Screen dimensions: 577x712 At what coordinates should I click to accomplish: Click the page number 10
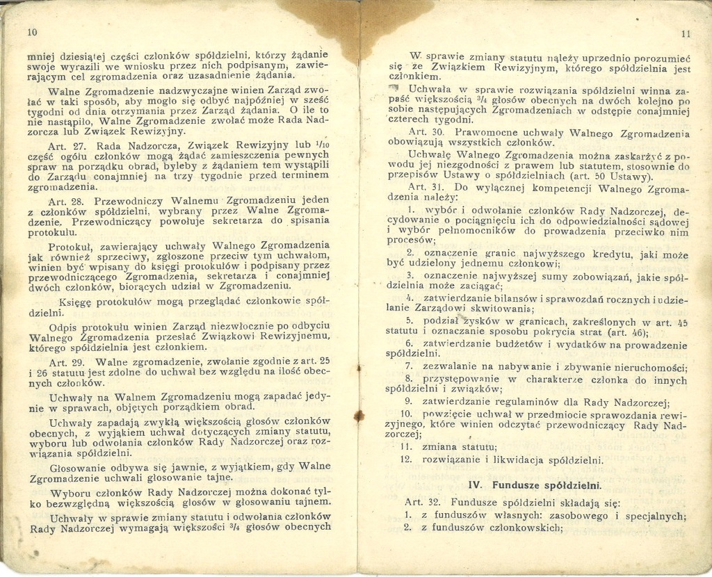[31, 32]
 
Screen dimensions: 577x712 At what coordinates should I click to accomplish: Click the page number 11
[686, 33]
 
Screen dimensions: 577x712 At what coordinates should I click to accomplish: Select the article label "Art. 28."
[67, 202]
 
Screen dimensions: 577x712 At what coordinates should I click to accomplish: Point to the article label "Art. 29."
[67, 362]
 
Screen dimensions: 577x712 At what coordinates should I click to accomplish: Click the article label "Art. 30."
[426, 131]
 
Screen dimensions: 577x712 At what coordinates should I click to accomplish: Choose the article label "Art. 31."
[426, 187]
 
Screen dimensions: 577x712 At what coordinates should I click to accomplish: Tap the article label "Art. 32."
[424, 502]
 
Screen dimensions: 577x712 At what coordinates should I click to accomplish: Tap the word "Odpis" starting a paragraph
[63, 326]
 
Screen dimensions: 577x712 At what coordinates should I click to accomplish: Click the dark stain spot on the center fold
[359, 416]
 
